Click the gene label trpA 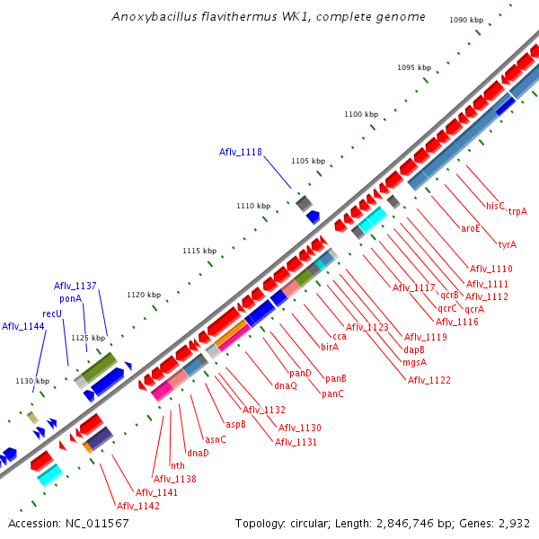click(517, 211)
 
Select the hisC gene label click(496, 206)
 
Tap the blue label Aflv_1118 click(240, 153)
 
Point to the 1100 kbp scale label click(361, 115)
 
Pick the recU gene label click(52, 314)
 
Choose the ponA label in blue click(71, 298)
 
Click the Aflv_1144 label click(22, 326)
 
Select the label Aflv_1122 click(429, 380)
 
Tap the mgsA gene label click(414, 362)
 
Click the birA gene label click(330, 346)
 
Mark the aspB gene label click(236, 424)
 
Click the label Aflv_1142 click(137, 506)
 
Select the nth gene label click(178, 465)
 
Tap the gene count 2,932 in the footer click(511, 524)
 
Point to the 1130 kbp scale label click(31, 381)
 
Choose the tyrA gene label click(508, 244)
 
